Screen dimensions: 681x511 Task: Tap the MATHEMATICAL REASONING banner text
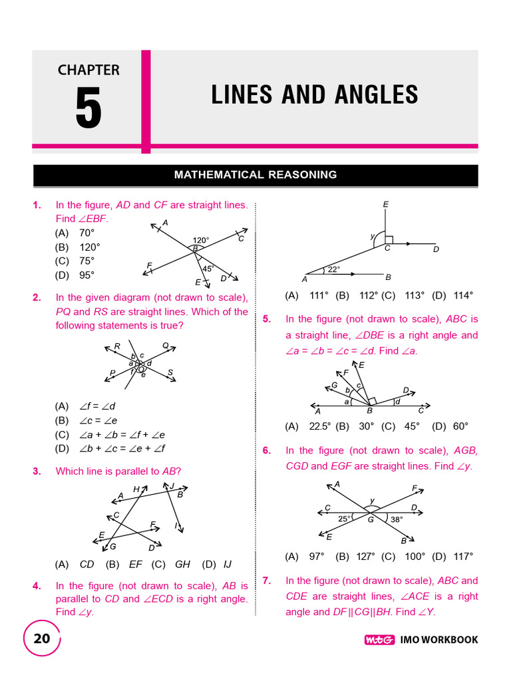255,175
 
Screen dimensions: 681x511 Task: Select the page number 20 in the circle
41,639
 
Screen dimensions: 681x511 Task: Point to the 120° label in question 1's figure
201,240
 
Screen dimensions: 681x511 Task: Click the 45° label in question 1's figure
208,269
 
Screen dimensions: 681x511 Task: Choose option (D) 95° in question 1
75,275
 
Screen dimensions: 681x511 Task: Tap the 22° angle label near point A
332,269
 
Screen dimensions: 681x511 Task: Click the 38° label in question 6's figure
397,519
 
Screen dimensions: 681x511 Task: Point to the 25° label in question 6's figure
344,518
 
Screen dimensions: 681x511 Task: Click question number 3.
37,472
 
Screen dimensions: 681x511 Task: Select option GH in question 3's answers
182,564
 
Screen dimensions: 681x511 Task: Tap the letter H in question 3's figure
136,489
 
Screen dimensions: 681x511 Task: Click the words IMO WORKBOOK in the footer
439,640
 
